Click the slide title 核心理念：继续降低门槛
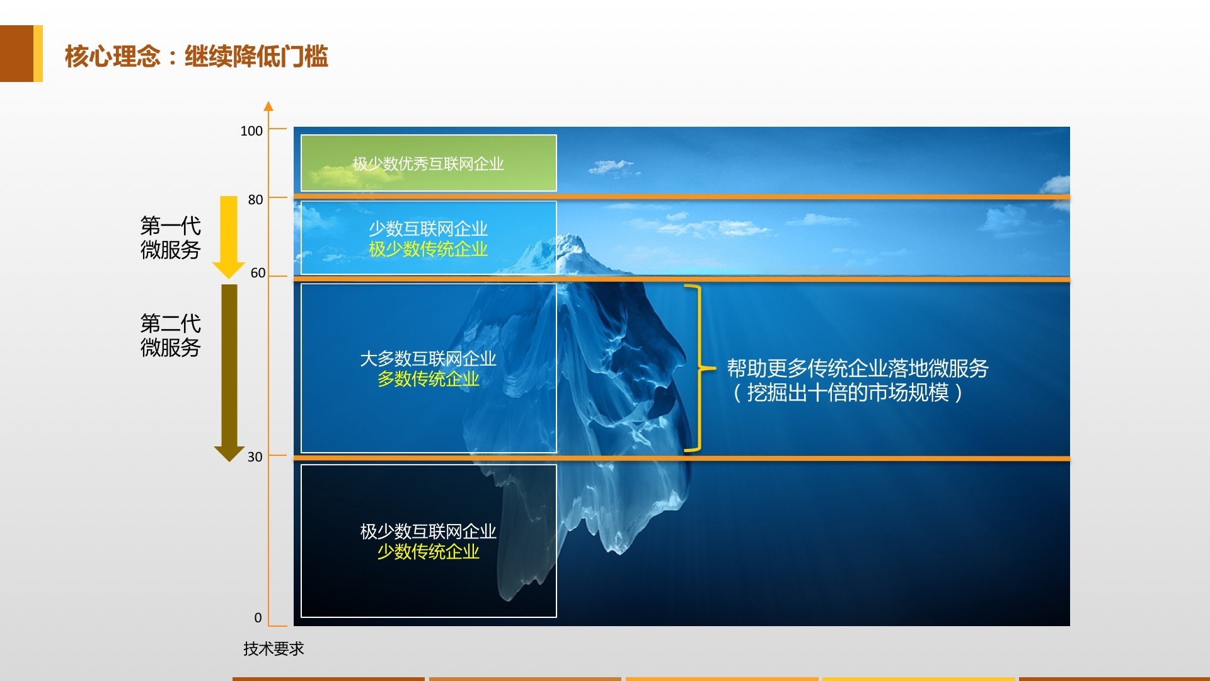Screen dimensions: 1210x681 [196, 56]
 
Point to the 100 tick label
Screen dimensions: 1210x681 [251, 131]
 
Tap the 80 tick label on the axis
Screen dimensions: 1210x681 [255, 199]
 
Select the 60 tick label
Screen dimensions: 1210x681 [258, 273]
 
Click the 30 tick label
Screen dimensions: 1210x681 [255, 457]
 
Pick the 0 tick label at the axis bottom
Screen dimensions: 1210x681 [258, 617]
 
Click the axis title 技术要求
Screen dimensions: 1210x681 [274, 648]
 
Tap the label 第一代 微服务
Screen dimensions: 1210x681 [170, 237]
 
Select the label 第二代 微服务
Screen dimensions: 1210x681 [170, 335]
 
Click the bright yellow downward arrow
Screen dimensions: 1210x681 [229, 237]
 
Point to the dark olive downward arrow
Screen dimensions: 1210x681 [229, 373]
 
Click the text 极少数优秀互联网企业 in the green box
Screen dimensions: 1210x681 [429, 164]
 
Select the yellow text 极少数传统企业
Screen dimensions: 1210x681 [429, 249]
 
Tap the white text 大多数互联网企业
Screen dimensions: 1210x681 [429, 359]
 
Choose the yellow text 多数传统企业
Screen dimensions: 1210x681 [429, 379]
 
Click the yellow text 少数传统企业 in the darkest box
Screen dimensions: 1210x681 [429, 552]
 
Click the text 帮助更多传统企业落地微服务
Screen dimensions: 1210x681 [858, 368]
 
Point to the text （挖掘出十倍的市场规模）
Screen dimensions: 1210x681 [848, 393]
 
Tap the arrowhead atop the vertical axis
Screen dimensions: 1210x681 [268, 106]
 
